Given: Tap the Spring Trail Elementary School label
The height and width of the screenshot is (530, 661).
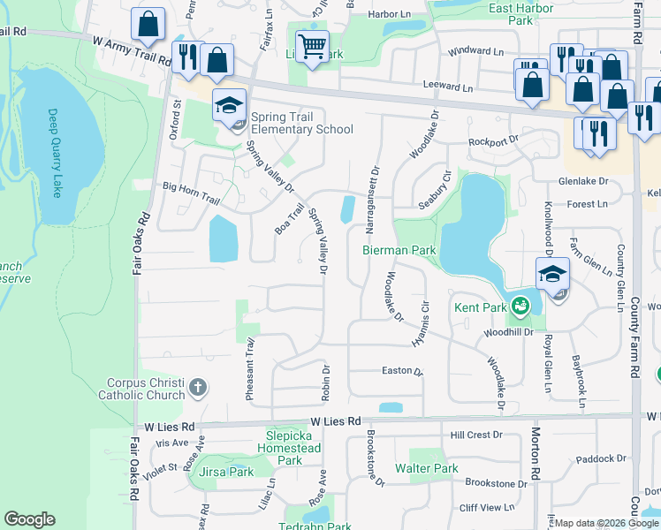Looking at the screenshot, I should tap(301, 123).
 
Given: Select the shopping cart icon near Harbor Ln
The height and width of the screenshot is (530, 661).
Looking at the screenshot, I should tap(311, 45).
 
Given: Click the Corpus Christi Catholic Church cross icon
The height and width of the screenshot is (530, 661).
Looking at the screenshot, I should tap(197, 387).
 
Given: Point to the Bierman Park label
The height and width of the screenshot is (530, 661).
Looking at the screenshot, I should tap(399, 250).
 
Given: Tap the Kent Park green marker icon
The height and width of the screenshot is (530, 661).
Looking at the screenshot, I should tap(520, 307).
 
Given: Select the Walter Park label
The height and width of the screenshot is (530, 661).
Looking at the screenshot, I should tap(426, 468).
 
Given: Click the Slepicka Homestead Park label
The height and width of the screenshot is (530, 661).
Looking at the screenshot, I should tap(294, 448).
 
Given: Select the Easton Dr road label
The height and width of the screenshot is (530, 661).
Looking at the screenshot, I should tap(401, 370).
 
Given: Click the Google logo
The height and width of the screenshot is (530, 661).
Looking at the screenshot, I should tap(30, 519).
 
